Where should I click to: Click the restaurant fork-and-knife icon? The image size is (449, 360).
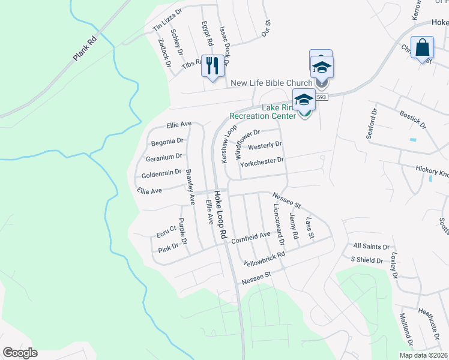click(x=211, y=65)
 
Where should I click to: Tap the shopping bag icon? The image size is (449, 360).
click(x=422, y=47)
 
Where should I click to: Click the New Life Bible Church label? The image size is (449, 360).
click(x=271, y=83)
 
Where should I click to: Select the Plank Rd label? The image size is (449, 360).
click(x=85, y=49)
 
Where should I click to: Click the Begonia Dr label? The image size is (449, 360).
click(x=167, y=142)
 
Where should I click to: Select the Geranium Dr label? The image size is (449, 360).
click(x=163, y=157)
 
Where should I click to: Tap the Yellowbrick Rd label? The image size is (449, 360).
click(x=264, y=259)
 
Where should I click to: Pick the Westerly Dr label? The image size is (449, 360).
click(x=265, y=146)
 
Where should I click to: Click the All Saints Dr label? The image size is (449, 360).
click(x=372, y=247)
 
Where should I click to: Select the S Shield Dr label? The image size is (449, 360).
click(x=367, y=260)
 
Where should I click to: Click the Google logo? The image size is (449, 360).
click(x=20, y=353)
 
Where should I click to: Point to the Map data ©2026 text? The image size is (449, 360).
click(x=423, y=355)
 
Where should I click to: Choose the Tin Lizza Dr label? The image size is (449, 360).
click(x=167, y=20)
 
